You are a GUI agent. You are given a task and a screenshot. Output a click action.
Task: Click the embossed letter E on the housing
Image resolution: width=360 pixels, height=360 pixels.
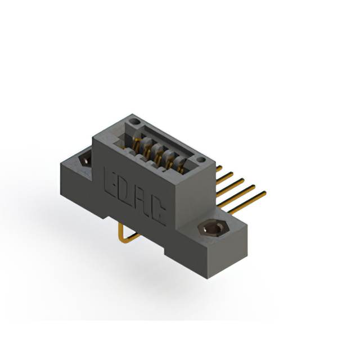(109, 183)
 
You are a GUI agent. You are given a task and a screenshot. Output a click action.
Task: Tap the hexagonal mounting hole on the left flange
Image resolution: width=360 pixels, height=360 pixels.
(85, 160)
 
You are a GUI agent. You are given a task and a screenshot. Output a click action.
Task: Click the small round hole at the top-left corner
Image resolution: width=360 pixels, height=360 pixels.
(134, 121)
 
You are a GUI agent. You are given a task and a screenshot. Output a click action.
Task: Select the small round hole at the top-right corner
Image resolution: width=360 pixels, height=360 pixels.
(201, 160)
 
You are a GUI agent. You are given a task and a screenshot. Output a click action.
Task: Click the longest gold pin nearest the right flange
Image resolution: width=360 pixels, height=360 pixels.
(247, 203)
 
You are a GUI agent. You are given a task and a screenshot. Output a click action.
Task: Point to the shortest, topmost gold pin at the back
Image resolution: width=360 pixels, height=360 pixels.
(219, 169)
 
